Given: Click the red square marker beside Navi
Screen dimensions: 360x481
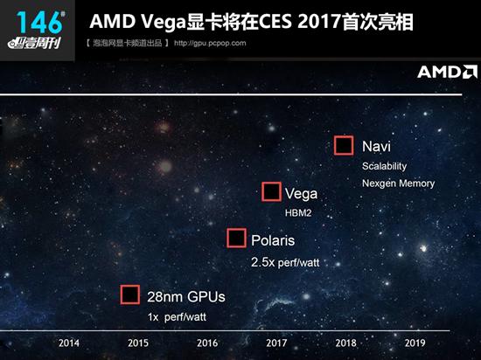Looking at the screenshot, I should [344, 146].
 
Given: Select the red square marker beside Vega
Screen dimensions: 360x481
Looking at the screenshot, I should [271, 192].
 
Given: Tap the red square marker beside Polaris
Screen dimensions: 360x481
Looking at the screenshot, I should [236, 239].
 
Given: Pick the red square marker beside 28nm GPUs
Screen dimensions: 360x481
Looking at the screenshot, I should [130, 294].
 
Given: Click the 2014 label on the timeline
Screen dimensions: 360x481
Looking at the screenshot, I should [69, 343].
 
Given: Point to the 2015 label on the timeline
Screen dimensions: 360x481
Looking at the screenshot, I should [138, 343].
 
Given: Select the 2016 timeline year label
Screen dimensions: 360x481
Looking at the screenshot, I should [207, 343].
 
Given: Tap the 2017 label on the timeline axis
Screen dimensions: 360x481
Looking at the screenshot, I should [276, 343].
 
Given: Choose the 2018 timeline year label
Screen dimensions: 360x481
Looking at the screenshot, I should [345, 343].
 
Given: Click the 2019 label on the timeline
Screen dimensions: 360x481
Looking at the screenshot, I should [415, 343].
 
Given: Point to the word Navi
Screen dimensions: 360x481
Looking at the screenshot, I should [376, 146].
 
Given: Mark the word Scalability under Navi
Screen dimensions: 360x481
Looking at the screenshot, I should [384, 166].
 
